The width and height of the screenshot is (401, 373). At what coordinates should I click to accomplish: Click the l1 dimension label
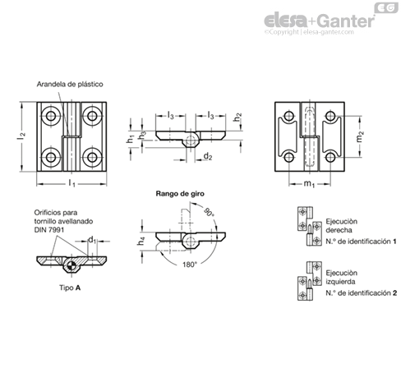71,183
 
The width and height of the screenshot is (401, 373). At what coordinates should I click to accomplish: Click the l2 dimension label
21,136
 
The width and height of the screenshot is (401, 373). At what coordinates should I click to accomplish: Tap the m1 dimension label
309,184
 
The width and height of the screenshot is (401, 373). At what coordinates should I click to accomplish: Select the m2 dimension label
360,136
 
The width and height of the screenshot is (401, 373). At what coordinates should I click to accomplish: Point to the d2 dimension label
208,156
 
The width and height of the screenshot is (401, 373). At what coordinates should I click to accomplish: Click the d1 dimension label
92,240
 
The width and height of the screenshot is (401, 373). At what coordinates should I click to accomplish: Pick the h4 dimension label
141,241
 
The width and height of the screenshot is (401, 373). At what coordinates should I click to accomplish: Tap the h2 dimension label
237,117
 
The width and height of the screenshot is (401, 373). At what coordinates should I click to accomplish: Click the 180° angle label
190,265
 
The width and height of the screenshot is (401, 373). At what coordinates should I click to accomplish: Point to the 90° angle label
209,212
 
